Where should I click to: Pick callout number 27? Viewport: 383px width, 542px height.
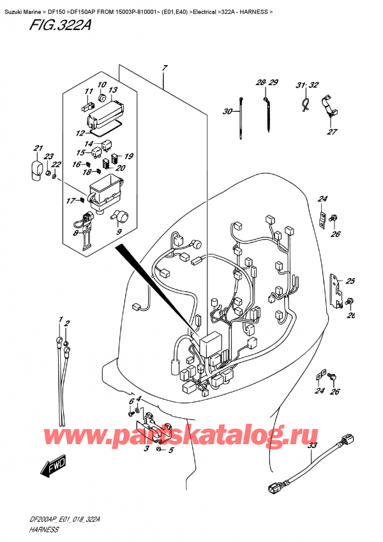[331, 132]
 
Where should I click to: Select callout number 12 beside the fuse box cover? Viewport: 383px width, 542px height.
[80, 134]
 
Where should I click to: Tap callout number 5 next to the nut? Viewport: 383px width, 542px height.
[169, 451]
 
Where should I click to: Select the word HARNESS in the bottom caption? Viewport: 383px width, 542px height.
[27, 530]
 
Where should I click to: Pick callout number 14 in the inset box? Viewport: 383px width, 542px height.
[89, 143]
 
